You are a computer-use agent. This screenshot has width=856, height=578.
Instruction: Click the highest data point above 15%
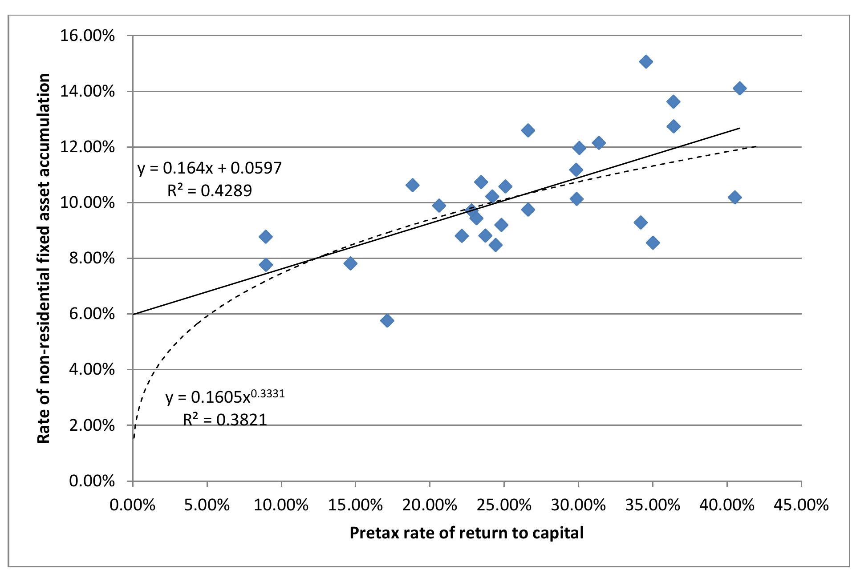tap(645, 62)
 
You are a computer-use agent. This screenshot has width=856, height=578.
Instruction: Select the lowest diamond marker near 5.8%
tap(387, 320)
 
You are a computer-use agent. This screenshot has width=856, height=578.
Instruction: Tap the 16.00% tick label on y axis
tap(87, 36)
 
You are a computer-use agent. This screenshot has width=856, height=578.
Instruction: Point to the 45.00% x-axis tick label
tap(801, 505)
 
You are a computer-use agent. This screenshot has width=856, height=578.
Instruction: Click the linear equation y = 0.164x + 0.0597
tap(210, 168)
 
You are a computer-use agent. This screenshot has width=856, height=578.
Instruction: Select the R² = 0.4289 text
tap(210, 191)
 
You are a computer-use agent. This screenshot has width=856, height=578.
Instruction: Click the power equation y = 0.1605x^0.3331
tap(225, 396)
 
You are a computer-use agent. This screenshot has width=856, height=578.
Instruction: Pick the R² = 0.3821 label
tap(225, 420)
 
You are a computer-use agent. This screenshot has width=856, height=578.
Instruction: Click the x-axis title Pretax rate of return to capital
tap(466, 533)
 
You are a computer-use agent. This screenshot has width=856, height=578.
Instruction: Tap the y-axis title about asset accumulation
tap(43, 259)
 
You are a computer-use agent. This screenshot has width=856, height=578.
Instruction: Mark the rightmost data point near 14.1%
tap(739, 88)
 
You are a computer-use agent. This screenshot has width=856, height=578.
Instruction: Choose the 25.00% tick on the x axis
tap(504, 505)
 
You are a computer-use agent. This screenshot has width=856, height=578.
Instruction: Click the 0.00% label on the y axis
tap(92, 481)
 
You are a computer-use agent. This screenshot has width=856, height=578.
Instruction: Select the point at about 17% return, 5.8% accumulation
tap(387, 320)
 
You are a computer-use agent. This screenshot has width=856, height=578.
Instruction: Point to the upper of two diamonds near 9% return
tap(266, 236)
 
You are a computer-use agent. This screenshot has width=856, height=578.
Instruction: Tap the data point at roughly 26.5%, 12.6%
tap(527, 130)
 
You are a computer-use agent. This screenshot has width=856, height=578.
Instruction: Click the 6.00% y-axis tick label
tap(92, 314)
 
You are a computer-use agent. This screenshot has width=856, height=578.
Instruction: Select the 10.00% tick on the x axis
tap(281, 505)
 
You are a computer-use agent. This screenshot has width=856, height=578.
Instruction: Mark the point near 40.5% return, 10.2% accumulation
tap(734, 198)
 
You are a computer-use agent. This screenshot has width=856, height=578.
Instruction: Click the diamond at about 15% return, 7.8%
tap(350, 263)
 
